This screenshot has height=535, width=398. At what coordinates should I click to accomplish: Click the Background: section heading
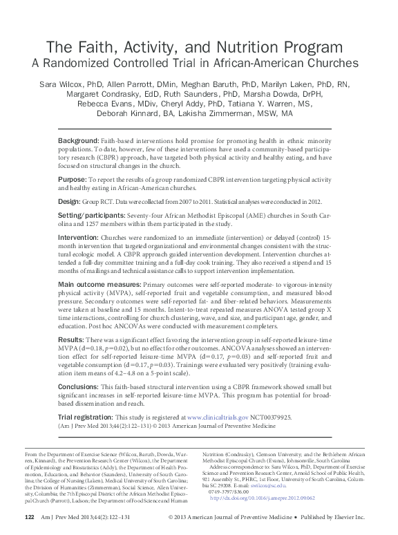[x=79, y=140]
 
